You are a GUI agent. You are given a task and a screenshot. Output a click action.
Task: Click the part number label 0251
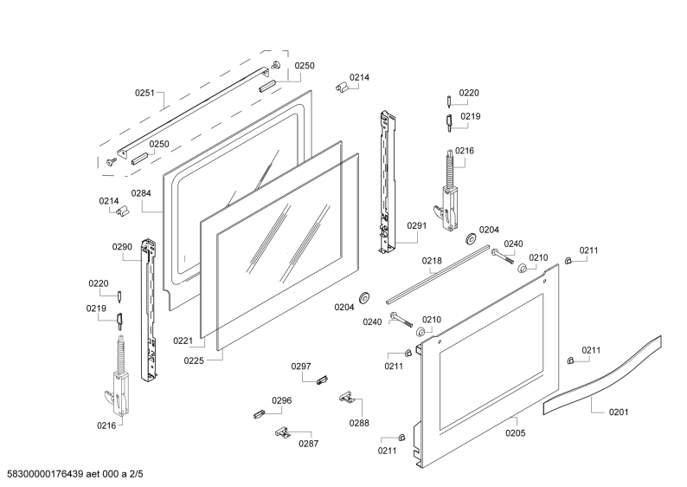click(144, 93)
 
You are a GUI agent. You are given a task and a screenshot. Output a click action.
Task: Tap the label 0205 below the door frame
click(516, 433)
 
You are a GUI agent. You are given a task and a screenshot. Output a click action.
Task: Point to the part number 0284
click(141, 193)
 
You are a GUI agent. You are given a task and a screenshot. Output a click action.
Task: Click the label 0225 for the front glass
click(194, 360)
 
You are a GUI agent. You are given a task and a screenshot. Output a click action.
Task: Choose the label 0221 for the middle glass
click(183, 341)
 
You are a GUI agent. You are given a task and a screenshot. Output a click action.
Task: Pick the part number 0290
click(122, 247)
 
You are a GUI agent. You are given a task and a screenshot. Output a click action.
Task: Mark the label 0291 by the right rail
click(417, 225)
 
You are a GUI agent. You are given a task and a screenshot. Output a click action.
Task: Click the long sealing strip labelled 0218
click(437, 275)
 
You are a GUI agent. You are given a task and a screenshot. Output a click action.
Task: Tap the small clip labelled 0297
click(323, 380)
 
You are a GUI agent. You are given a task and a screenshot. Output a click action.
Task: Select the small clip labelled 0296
click(260, 413)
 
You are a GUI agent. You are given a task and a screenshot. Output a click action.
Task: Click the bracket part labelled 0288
click(347, 398)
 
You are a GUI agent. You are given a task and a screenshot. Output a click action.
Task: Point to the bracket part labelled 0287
click(284, 432)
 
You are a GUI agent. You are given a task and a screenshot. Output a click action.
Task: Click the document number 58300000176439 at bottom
click(45, 474)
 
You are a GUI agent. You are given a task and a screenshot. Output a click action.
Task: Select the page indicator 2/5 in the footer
click(135, 474)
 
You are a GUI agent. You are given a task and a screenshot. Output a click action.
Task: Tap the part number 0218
click(432, 261)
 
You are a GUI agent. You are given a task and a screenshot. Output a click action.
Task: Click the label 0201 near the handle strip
click(619, 412)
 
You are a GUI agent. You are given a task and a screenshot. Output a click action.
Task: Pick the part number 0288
click(359, 423)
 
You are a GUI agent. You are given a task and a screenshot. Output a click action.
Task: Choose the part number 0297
click(301, 367)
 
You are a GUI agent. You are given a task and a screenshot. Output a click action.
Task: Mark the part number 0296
click(282, 400)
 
